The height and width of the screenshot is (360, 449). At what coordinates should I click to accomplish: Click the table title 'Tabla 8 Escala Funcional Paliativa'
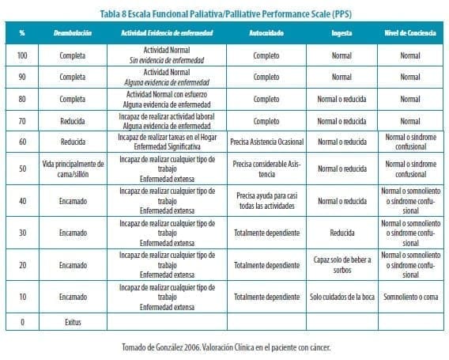tap(224, 12)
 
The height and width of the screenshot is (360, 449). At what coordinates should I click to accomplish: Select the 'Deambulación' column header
tap(72, 33)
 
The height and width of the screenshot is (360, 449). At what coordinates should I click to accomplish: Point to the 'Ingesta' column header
tap(341, 33)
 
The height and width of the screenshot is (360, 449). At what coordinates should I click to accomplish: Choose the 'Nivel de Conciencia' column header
tap(410, 33)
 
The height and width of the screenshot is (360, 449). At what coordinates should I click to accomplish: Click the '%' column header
tap(22, 33)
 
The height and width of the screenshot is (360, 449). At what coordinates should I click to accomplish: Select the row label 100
tap(22, 56)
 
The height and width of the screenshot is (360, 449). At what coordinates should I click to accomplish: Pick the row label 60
tap(22, 142)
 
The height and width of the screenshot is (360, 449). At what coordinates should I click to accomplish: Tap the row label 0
tap(22, 322)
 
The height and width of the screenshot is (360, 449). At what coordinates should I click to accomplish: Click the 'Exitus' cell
tap(72, 322)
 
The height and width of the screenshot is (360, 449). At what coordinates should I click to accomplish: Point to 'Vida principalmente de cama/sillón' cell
tap(72, 169)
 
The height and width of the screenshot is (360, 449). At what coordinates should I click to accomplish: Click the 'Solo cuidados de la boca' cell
tap(341, 297)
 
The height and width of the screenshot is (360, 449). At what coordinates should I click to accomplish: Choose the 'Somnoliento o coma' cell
tap(410, 297)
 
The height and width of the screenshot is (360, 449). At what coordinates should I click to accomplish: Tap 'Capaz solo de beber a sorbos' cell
tap(341, 264)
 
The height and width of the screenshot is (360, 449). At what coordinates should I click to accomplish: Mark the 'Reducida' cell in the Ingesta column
tap(341, 233)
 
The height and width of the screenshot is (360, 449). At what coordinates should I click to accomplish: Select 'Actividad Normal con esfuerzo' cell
tap(167, 95)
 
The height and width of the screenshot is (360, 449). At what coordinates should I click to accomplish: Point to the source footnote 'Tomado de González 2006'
tap(224, 347)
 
